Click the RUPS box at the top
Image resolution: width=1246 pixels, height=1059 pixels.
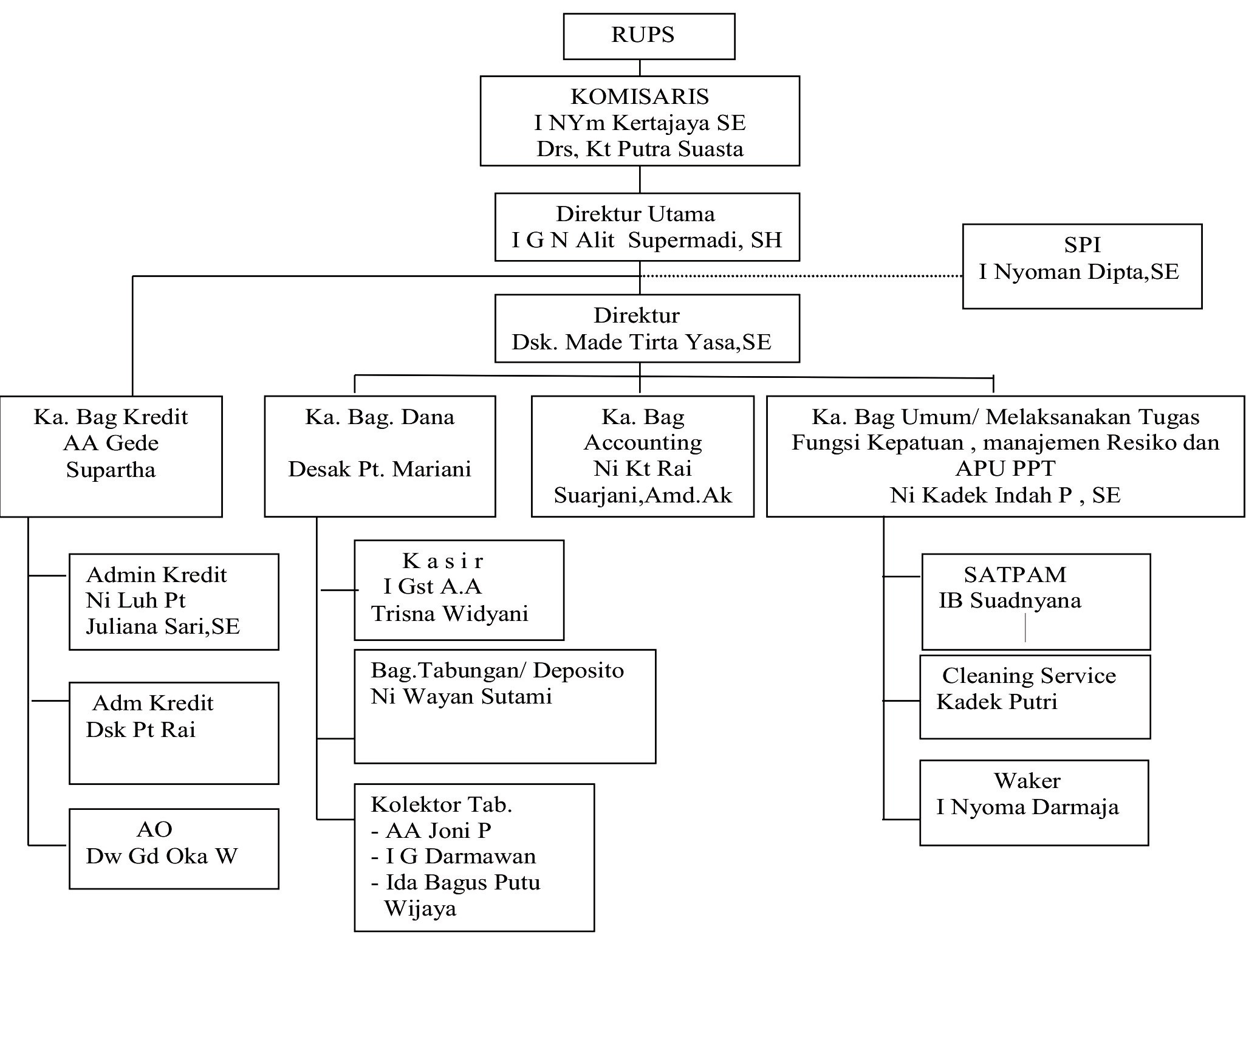(x=648, y=36)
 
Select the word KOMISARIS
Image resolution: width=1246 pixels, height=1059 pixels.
(x=640, y=97)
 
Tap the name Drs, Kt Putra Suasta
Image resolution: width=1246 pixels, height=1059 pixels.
(x=640, y=149)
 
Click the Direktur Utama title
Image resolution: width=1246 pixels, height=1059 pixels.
(x=635, y=214)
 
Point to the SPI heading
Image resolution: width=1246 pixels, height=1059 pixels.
(x=1082, y=245)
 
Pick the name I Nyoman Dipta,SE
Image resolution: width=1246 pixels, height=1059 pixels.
(x=1079, y=272)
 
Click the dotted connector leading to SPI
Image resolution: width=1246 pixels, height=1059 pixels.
(x=802, y=276)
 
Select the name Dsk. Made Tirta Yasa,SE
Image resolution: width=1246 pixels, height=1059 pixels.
(x=642, y=342)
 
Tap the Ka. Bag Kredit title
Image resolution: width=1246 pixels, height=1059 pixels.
(x=111, y=417)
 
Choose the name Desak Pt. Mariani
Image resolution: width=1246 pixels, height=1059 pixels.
(x=380, y=469)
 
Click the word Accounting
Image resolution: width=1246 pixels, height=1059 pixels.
(x=643, y=442)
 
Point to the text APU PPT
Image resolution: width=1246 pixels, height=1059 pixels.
(x=1005, y=468)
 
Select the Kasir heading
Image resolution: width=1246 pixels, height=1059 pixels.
(x=443, y=560)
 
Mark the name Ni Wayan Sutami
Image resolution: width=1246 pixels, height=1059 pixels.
(x=461, y=696)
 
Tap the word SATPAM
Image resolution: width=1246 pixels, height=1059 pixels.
(x=1015, y=574)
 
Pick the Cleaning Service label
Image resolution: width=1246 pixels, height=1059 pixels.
(x=1029, y=676)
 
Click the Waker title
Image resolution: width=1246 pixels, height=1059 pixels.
(x=1027, y=781)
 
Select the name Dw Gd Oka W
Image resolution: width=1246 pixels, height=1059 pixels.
(x=162, y=856)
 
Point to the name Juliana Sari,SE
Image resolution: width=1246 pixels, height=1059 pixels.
(x=163, y=626)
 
